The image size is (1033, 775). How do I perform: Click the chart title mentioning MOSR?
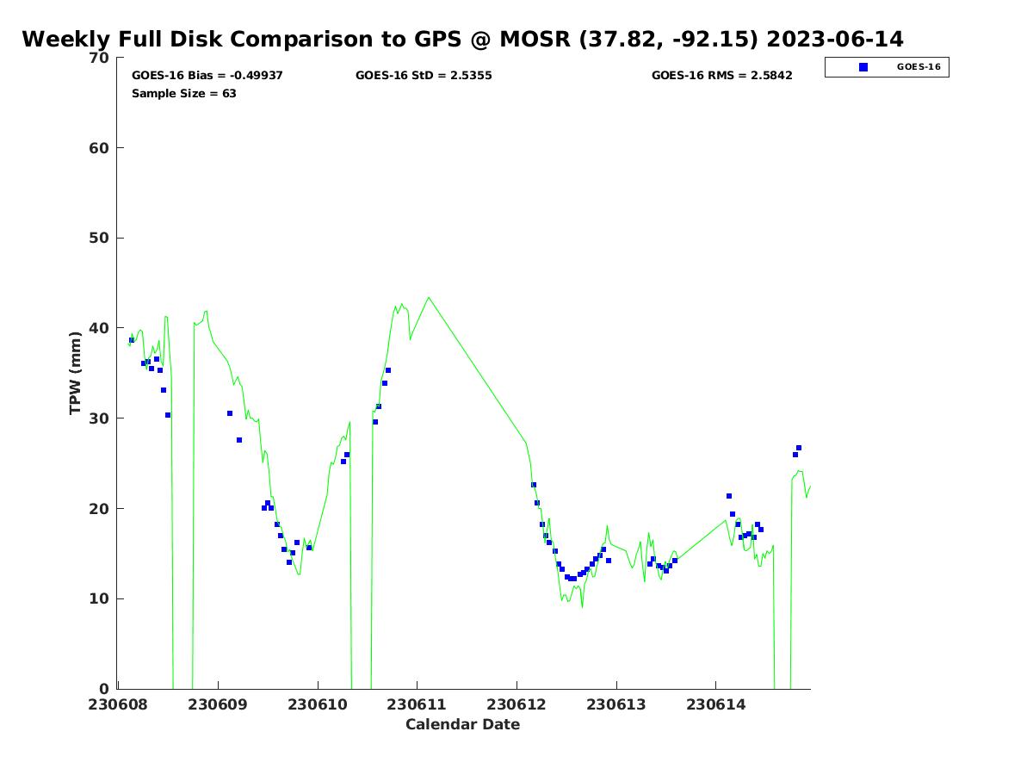(462, 40)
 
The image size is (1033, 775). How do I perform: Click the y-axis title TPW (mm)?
(76, 372)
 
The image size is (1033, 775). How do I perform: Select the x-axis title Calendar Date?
(462, 724)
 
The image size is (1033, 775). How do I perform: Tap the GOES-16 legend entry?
(918, 67)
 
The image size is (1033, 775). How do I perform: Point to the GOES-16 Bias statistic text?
(207, 76)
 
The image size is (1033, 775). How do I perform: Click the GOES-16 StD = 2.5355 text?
(424, 76)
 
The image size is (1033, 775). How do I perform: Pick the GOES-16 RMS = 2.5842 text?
(721, 76)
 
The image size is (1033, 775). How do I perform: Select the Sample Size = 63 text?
(183, 94)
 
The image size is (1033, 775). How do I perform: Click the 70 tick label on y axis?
(100, 59)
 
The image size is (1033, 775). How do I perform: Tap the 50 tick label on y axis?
(100, 239)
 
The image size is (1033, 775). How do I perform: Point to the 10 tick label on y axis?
(100, 599)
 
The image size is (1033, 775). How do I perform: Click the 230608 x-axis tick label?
(117, 704)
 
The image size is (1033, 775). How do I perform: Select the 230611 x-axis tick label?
(417, 704)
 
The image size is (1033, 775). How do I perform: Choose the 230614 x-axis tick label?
(715, 704)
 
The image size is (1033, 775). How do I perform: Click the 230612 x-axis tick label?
(516, 704)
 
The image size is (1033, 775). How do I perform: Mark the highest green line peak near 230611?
(429, 298)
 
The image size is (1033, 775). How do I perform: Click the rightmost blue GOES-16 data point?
(799, 448)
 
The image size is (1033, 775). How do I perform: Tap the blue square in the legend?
(863, 67)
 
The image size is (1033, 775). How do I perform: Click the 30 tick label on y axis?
(100, 418)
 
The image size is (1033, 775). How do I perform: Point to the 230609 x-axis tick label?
(217, 704)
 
